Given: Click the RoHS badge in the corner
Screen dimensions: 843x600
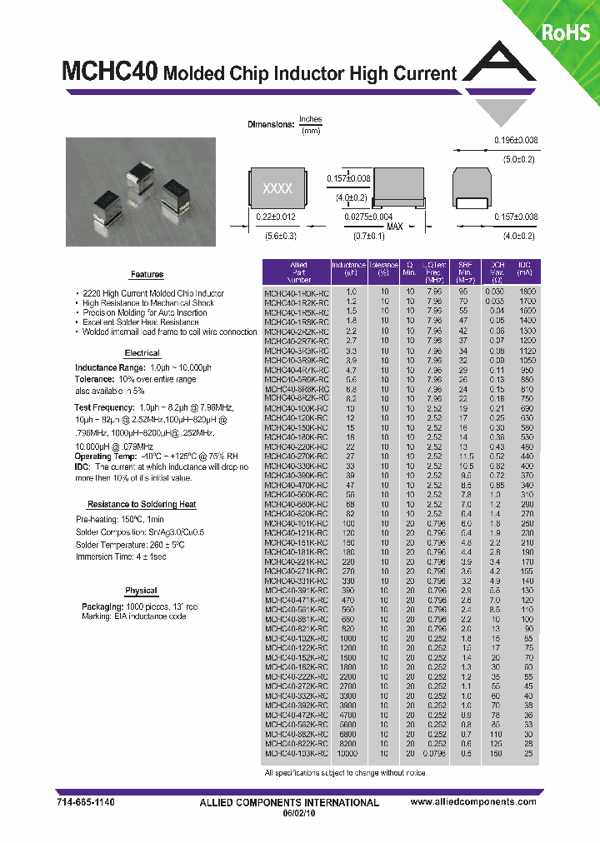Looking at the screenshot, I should tap(566, 32).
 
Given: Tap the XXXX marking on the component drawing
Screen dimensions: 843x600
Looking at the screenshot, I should tap(277, 189).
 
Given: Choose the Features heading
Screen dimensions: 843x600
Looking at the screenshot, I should tap(147, 275).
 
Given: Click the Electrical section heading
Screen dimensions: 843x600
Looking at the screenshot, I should tap(142, 353).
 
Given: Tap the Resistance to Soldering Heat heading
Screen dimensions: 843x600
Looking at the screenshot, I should tap(142, 505).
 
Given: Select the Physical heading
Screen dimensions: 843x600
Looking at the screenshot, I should tap(141, 591).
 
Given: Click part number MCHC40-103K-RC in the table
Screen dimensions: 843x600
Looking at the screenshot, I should tap(296, 753).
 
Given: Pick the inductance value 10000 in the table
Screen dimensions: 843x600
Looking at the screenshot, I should tap(347, 753).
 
